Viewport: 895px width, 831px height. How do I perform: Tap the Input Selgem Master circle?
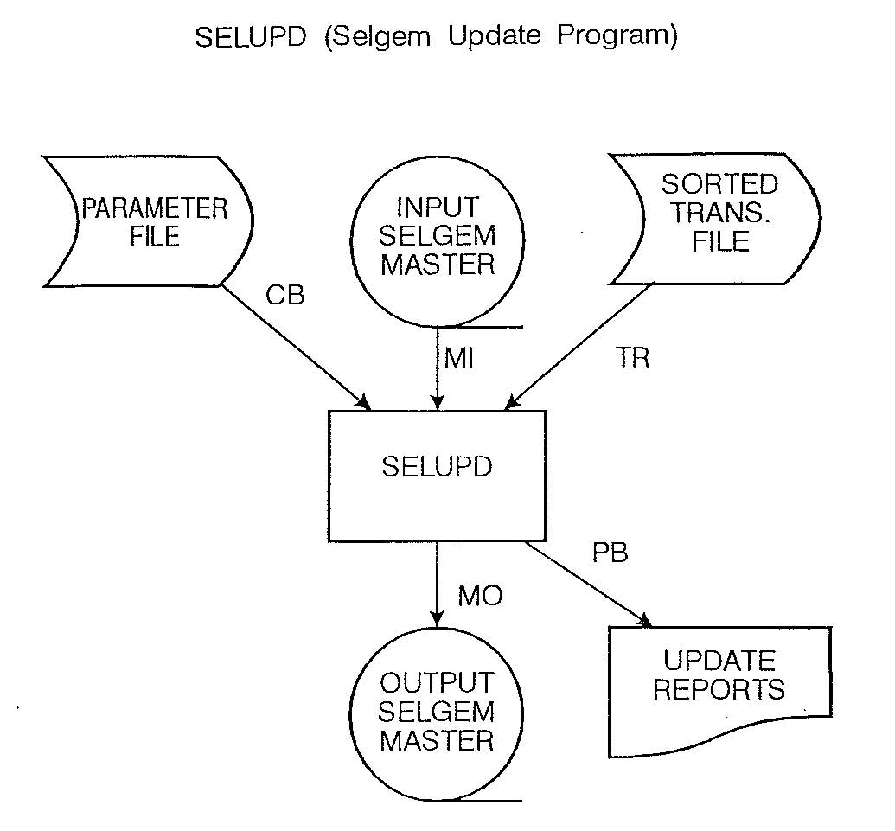[x=438, y=237]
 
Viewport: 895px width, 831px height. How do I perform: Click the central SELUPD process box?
[x=437, y=476]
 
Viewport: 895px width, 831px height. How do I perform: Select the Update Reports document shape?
[x=719, y=683]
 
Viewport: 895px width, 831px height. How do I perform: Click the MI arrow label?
[x=459, y=358]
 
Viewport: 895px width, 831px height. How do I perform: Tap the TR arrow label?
[x=633, y=358]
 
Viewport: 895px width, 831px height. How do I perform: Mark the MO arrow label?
[x=480, y=597]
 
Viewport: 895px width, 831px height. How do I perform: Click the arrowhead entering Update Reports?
[x=644, y=621]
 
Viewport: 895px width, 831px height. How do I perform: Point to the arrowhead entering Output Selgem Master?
[x=438, y=617]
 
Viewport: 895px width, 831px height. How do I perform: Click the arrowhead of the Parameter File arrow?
[x=363, y=402]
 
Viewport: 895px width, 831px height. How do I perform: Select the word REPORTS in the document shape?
[x=719, y=690]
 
